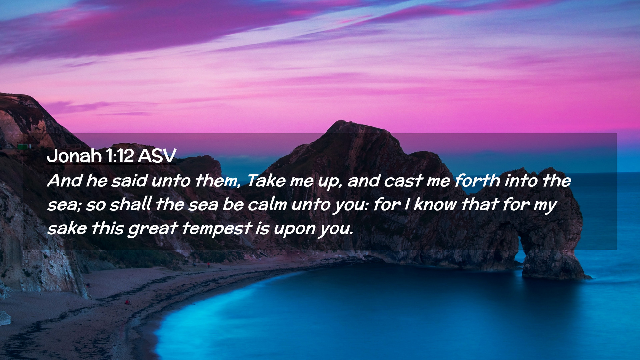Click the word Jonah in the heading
[x=74, y=156]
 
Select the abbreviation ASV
[x=157, y=156]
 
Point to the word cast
[x=403, y=181]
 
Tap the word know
[x=435, y=204]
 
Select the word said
[x=129, y=181]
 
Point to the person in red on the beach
[x=127, y=302]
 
